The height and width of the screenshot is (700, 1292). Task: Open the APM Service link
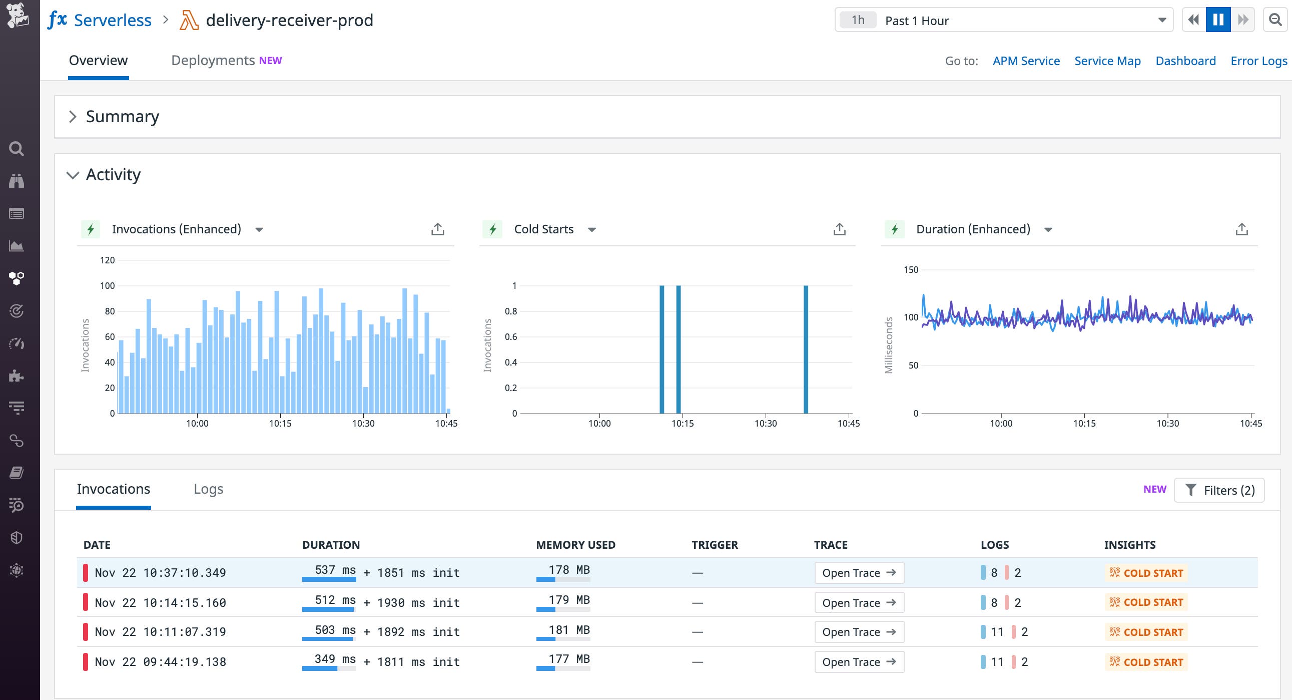[x=1026, y=61]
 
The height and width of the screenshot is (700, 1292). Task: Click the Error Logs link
[x=1258, y=61]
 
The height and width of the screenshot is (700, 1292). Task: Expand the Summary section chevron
[x=73, y=116]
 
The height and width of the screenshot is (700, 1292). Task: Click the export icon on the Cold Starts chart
[x=839, y=229]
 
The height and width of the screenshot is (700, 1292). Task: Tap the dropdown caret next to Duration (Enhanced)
[x=1048, y=230]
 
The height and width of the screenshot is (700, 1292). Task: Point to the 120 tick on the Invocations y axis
[x=107, y=260]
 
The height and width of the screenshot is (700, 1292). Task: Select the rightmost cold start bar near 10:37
[x=806, y=348]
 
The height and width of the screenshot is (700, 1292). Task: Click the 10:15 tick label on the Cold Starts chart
[x=682, y=423]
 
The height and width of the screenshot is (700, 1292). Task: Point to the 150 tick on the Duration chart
[x=910, y=269]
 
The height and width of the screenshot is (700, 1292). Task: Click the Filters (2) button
[x=1219, y=490]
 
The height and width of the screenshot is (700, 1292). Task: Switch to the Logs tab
[x=208, y=489]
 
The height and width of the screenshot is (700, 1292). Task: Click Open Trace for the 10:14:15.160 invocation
[x=859, y=602]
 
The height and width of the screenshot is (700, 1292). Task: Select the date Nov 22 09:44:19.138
[x=160, y=661]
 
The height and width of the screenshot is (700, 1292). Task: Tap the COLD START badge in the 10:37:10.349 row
[x=1145, y=572]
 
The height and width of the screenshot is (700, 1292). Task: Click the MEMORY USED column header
[x=575, y=544]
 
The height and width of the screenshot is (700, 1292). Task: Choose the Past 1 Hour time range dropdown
[x=1003, y=20]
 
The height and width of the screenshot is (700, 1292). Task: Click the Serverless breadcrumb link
[x=113, y=20]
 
